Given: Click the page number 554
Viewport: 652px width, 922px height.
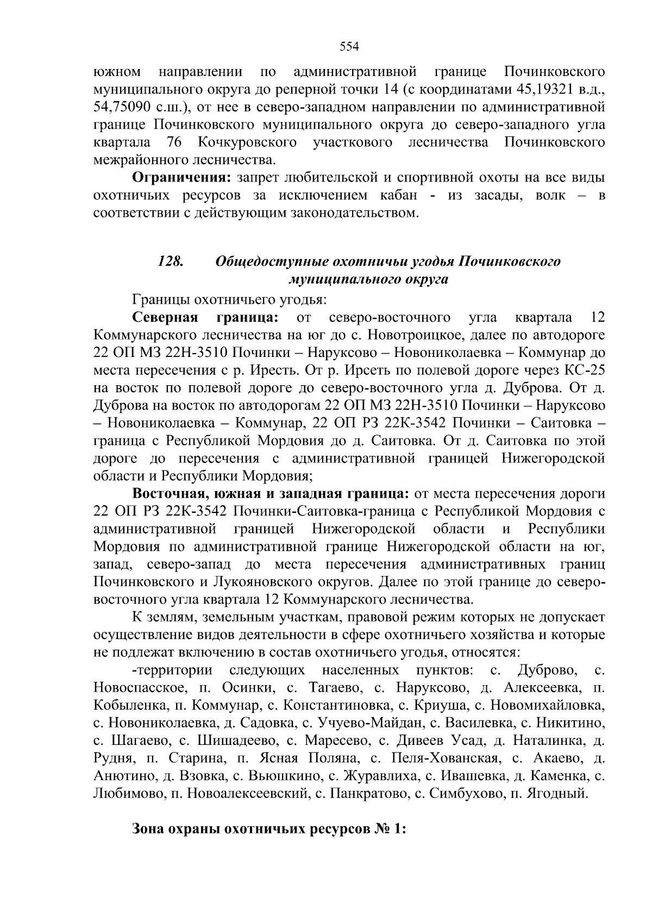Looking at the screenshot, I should (349, 47).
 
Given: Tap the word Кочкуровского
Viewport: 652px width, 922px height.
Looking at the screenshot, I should (248, 142).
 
